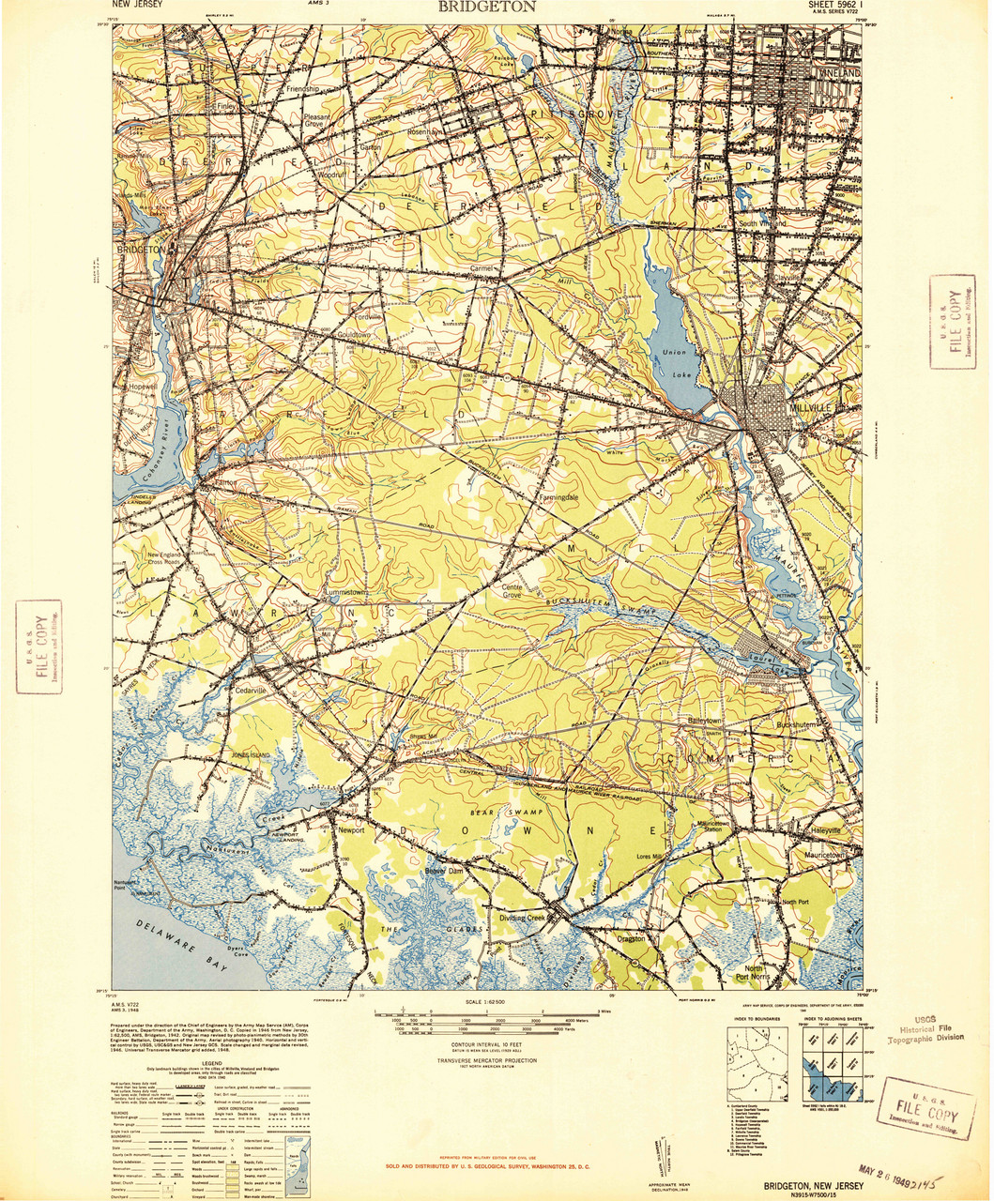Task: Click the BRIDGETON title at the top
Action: pos(486,7)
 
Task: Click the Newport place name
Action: pos(350,831)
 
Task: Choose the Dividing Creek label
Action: pos(522,918)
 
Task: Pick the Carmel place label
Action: pos(482,268)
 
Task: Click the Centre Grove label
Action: pos(512,590)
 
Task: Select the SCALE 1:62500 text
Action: pos(490,1001)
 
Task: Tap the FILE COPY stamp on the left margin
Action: pos(39,646)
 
